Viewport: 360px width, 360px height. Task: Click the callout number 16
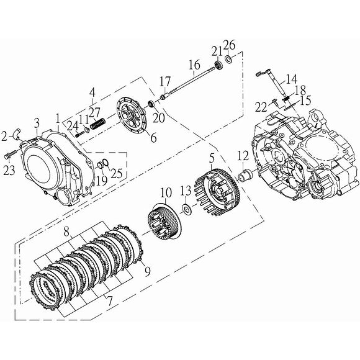pos(194,65)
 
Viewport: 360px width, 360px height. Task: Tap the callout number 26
pos(230,45)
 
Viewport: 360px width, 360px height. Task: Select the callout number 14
pos(291,79)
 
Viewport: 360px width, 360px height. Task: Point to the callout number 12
pos(243,155)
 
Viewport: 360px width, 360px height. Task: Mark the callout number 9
pos(148,270)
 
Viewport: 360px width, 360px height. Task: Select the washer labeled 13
pos(186,208)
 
